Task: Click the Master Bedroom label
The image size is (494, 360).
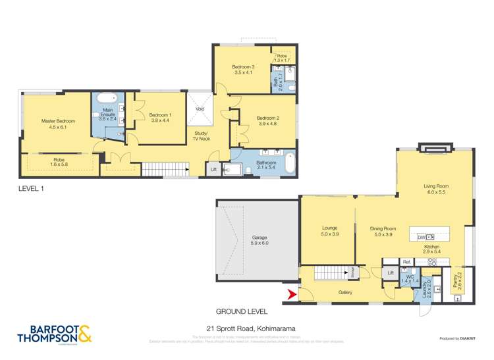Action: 58,121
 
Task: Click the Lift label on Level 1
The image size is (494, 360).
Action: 213,170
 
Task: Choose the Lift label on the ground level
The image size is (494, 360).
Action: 391,272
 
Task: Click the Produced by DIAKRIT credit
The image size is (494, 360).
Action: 457,338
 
